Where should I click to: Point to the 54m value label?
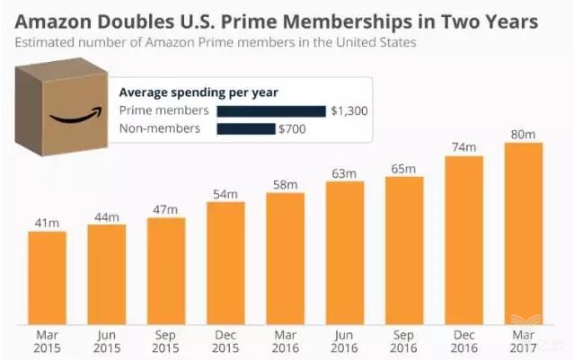(x=225, y=194)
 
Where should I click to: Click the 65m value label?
(x=403, y=169)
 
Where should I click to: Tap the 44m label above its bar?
(x=106, y=216)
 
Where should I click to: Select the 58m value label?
(x=285, y=184)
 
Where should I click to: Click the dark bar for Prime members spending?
(x=270, y=110)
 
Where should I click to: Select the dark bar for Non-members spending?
(x=245, y=128)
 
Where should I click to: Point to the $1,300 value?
(x=349, y=110)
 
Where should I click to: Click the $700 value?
(x=293, y=128)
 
